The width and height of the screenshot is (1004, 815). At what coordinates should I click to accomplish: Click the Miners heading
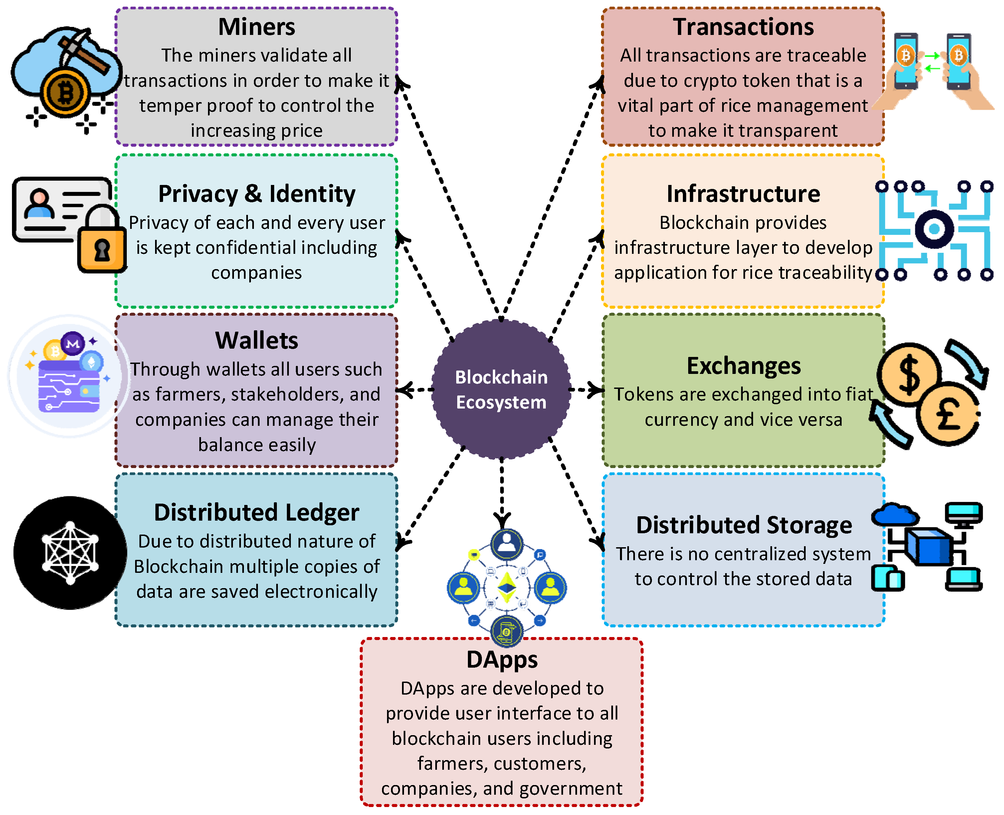256,27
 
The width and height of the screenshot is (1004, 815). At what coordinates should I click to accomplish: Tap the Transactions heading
743,27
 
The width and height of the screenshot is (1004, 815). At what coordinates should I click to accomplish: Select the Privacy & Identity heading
256,194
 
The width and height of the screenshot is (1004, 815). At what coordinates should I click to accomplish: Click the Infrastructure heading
743,194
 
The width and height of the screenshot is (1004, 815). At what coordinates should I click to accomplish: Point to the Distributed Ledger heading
256,513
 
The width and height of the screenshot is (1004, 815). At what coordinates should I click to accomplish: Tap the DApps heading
502,660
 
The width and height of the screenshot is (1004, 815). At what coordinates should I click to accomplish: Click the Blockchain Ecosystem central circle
501,390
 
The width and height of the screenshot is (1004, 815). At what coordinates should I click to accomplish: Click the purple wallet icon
69,385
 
